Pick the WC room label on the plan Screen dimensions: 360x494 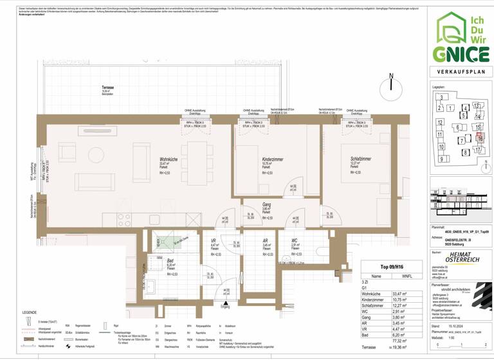pyautogui.click(x=295, y=240)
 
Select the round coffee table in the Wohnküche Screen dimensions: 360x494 pyautogui.click(x=96, y=155)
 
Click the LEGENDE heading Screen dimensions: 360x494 pyautogui.click(x=29, y=312)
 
